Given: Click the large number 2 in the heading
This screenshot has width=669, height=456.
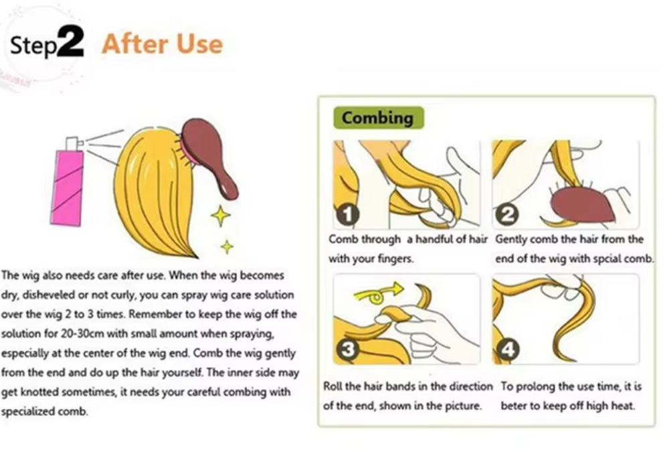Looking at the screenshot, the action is [x=70, y=41].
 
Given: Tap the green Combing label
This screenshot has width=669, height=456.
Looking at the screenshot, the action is [x=378, y=118].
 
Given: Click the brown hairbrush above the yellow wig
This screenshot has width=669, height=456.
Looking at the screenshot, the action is [x=208, y=156].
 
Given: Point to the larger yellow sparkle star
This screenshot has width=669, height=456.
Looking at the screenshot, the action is [x=221, y=216].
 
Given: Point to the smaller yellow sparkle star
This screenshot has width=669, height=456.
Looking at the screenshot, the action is [x=227, y=247].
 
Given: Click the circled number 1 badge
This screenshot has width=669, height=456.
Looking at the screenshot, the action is [x=347, y=214].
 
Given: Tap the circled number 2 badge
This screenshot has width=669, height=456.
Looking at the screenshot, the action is [x=506, y=214].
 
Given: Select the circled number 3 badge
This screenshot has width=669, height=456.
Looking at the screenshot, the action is [x=347, y=350].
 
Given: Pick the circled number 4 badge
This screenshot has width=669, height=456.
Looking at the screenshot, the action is [x=507, y=350].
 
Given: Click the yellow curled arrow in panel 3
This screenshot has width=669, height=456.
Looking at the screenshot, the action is [x=377, y=293].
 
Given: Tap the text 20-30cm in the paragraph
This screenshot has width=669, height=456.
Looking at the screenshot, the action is [x=82, y=333].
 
